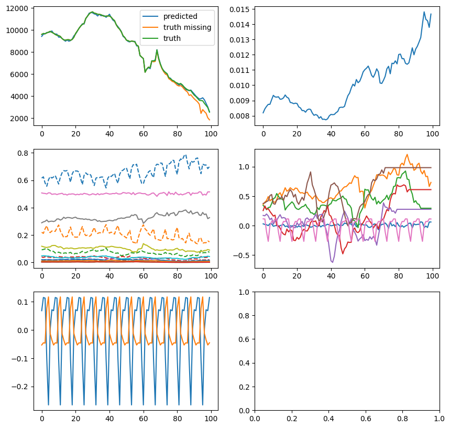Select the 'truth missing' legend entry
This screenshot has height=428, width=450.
pyautogui.click(x=187, y=27)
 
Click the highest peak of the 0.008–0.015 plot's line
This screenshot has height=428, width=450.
pyautogui.click(x=424, y=12)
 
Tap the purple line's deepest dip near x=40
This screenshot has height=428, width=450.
pyautogui.click(x=332, y=262)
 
